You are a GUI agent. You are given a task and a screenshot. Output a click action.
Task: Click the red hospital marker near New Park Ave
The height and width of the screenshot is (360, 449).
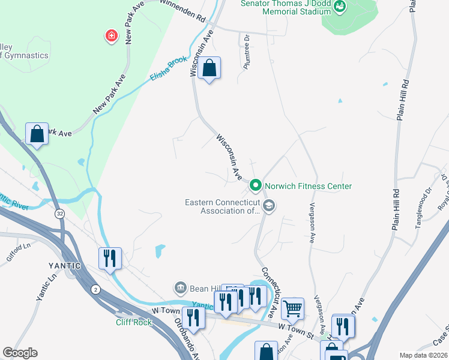[x=111, y=37]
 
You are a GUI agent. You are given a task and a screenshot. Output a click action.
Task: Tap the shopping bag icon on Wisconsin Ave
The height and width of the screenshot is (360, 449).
[x=209, y=68]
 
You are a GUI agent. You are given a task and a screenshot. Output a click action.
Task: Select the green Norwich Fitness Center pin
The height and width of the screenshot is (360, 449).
[x=255, y=186]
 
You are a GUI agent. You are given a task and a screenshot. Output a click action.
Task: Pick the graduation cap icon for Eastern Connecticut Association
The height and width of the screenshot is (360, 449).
[x=269, y=206]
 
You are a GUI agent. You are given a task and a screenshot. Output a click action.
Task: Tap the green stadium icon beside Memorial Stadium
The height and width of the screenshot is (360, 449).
[x=340, y=7]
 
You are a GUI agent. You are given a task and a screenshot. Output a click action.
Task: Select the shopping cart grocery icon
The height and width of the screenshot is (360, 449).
[x=292, y=308]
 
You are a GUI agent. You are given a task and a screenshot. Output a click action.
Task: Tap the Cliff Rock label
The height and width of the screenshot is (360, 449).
[x=134, y=322]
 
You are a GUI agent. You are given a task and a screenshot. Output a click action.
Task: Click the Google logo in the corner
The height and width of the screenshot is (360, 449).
[x=20, y=353]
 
